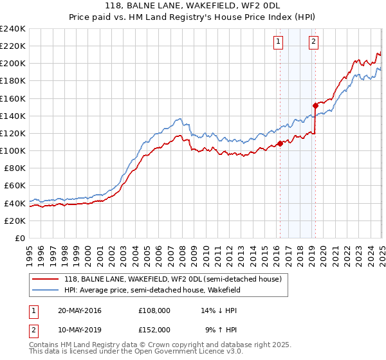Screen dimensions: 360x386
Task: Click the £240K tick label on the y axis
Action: [13, 29]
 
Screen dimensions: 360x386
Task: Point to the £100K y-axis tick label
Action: [13, 150]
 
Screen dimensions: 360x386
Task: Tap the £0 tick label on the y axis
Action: [19, 238]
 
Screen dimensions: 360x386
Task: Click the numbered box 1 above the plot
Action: [279, 42]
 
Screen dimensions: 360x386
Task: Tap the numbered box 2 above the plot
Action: [313, 42]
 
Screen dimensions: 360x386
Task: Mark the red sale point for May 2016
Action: [280, 143]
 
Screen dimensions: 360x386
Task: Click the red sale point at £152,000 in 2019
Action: [315, 105]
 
